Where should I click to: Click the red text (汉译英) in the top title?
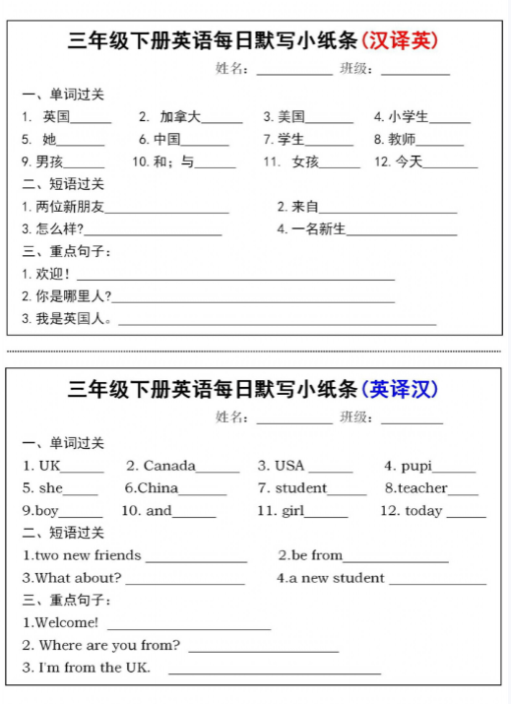400,41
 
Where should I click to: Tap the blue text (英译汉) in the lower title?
400,390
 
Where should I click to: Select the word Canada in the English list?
169,466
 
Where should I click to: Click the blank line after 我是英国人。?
277,322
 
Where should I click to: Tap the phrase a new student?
336,578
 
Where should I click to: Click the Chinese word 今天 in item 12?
409,162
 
